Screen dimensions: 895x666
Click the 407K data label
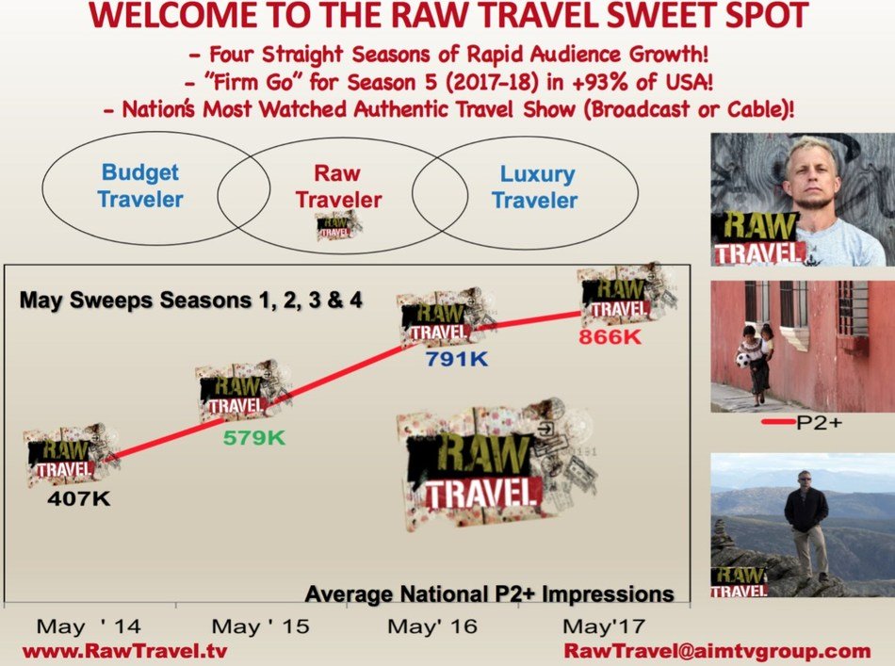(x=79, y=498)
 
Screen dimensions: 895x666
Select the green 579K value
(x=254, y=438)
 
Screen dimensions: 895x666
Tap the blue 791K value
(x=457, y=359)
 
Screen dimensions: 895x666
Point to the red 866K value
(x=610, y=336)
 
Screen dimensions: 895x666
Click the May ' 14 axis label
(x=89, y=626)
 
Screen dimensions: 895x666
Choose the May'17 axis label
(x=604, y=626)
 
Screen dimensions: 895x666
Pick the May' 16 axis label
(x=432, y=626)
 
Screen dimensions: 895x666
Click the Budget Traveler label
(x=140, y=186)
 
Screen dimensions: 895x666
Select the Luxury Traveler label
(x=535, y=187)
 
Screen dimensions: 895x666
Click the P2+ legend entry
(x=802, y=422)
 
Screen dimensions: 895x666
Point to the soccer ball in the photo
(x=742, y=360)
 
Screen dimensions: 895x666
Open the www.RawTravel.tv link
(x=124, y=652)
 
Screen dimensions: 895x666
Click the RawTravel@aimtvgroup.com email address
(x=718, y=651)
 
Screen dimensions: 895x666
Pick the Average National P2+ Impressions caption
(x=489, y=594)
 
